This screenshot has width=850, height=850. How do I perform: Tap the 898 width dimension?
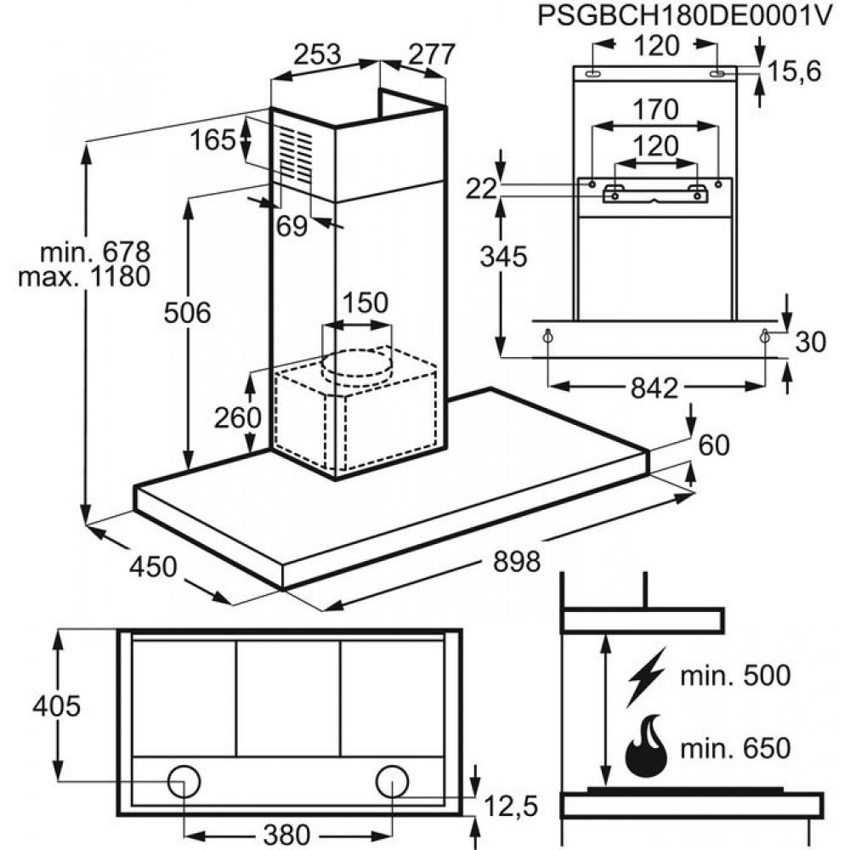pyautogui.click(x=517, y=562)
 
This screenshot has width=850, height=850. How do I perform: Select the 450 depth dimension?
pyautogui.click(x=154, y=566)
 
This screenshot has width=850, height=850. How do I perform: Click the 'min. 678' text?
pyautogui.click(x=95, y=252)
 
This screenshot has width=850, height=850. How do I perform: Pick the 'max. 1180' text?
pyautogui.click(x=95, y=276)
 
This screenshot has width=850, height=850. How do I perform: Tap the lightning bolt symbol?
pyautogui.click(x=646, y=676)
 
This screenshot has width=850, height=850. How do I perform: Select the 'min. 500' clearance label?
pyautogui.click(x=736, y=676)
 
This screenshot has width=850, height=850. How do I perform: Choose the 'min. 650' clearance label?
pyautogui.click(x=736, y=748)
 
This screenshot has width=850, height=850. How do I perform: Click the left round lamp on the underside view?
pyautogui.click(x=183, y=780)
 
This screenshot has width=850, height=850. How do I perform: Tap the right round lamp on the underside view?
pyautogui.click(x=392, y=780)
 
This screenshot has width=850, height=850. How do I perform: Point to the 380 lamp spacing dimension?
pyautogui.click(x=287, y=836)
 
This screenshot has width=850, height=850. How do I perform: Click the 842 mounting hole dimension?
pyautogui.click(x=656, y=388)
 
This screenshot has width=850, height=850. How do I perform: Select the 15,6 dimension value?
pyautogui.click(x=795, y=72)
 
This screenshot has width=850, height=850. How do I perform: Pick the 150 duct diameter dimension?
pyautogui.click(x=365, y=303)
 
